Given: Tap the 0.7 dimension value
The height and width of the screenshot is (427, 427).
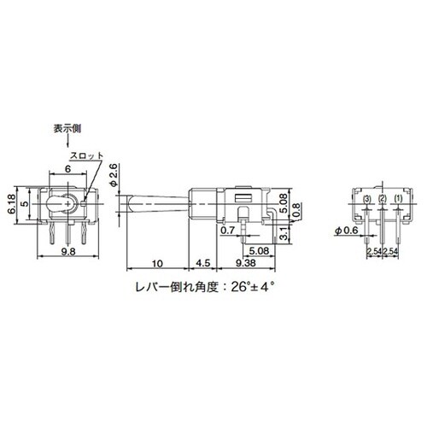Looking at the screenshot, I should click(228, 230).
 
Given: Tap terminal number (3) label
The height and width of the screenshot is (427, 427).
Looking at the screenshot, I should click(366, 200).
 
